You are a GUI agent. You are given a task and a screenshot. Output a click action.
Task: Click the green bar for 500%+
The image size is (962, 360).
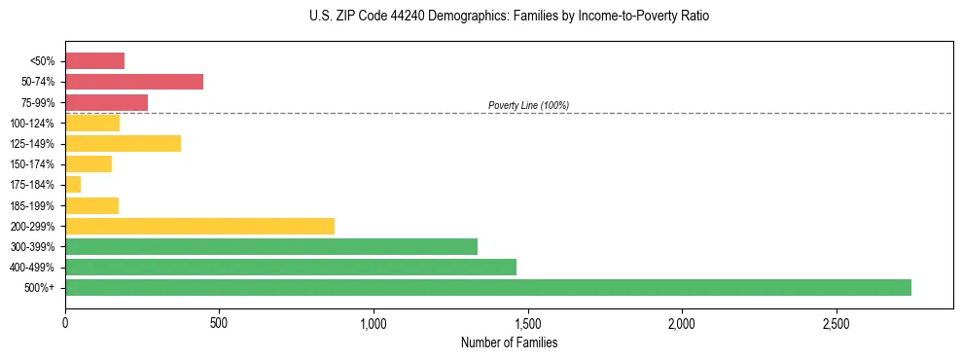click(x=487, y=287)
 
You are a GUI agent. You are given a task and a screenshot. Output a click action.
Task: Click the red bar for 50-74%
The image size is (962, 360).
click(x=134, y=82)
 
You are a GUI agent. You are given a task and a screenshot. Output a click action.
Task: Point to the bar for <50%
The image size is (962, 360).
click(x=94, y=61)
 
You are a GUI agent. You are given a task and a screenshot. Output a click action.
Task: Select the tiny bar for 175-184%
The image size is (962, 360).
click(x=73, y=185)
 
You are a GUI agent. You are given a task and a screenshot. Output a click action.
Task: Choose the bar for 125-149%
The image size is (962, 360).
click(x=123, y=144)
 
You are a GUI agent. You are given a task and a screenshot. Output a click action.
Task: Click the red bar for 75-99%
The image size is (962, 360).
click(x=106, y=102)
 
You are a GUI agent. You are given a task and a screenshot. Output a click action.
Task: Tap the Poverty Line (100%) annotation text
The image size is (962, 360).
click(x=528, y=105)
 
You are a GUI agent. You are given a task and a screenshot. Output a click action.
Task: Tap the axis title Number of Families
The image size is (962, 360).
click(x=509, y=342)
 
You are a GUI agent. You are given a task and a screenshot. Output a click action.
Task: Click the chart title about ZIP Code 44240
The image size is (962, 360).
click(x=509, y=17)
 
